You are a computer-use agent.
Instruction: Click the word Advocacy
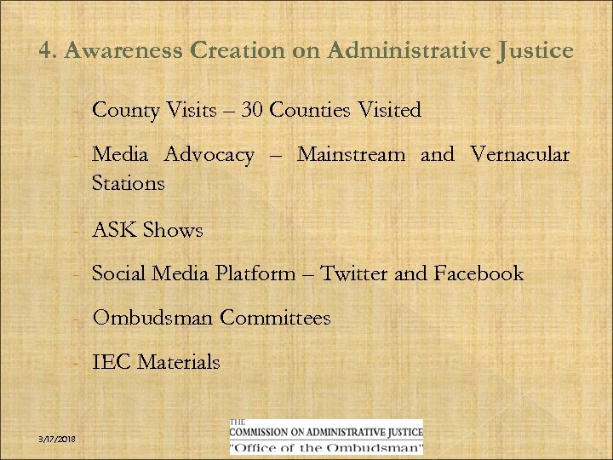[x=209, y=155]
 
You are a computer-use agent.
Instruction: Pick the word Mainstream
[x=351, y=155]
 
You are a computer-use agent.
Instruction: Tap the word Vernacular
[x=519, y=155]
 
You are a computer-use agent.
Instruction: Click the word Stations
[x=128, y=183]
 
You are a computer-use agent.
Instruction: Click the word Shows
[x=173, y=230]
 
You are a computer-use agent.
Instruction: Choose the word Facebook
[x=478, y=274]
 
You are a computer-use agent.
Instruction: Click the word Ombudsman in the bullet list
[x=152, y=319]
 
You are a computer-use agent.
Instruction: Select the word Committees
[x=275, y=319]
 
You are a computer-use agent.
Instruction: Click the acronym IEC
[x=111, y=363]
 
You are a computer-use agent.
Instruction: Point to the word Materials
[x=179, y=363]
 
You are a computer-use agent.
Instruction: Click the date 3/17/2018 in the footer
[x=57, y=438]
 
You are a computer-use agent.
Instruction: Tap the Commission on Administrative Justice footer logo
[x=326, y=437]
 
